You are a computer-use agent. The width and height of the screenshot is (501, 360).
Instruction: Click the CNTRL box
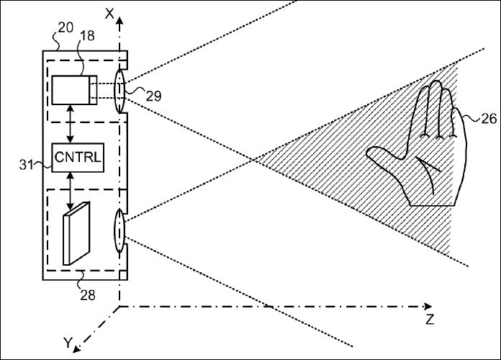[x=78, y=158]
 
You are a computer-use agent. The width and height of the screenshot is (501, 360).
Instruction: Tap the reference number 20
[x=66, y=28]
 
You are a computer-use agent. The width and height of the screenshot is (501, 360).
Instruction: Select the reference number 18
[x=87, y=36]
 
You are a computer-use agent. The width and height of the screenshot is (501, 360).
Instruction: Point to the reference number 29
[x=154, y=96]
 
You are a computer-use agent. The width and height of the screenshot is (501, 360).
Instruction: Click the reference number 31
[x=26, y=165]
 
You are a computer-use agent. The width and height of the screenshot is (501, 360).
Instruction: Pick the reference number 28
[x=88, y=294]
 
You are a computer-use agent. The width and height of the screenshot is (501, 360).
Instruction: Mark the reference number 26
[x=489, y=119]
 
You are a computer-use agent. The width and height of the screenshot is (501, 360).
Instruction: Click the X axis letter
[x=109, y=14]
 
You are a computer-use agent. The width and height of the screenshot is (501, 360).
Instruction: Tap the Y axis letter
[x=68, y=343]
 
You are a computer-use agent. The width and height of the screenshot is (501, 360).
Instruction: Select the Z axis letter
[x=430, y=320]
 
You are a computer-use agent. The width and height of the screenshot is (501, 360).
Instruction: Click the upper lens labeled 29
[x=119, y=91]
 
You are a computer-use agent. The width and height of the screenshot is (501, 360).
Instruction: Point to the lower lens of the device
[x=119, y=231]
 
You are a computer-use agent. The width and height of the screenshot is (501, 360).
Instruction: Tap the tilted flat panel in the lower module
[x=77, y=233]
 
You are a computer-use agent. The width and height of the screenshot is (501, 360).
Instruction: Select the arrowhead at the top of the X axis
[x=119, y=22]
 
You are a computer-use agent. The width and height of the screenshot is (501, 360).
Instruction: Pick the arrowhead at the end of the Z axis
[x=428, y=307]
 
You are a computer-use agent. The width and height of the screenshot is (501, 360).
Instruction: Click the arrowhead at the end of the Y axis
[x=77, y=349]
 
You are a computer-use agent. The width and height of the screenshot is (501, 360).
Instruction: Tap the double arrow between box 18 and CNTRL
[x=71, y=124]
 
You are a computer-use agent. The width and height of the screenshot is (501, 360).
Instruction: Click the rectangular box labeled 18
[x=74, y=90]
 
